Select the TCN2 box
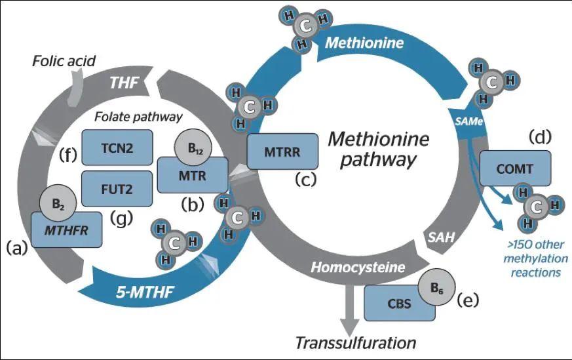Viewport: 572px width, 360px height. pos(117,148)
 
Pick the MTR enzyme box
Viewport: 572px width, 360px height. pos(192,176)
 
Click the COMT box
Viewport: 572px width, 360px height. pos(516,169)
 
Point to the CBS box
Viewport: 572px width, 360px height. pos(399,303)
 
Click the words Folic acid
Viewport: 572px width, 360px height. pos(64,62)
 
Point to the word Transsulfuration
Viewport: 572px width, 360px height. pos(356,342)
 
